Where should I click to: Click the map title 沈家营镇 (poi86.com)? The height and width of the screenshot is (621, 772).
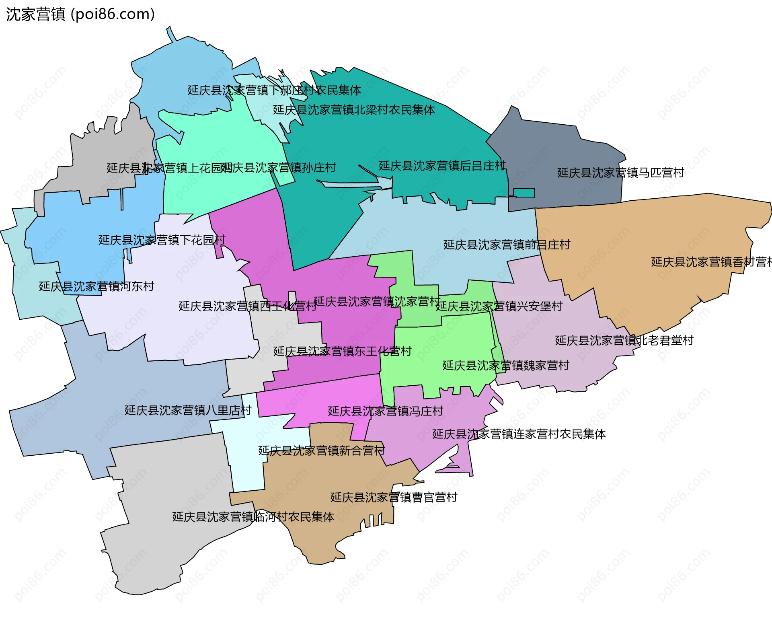point(80,14)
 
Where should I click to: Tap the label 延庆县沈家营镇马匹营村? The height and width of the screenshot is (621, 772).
point(620,173)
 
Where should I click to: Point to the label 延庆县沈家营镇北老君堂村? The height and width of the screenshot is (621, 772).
point(624,341)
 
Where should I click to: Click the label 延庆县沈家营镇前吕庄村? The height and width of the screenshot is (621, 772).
point(507,245)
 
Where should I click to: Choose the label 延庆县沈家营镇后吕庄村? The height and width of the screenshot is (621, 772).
point(442,166)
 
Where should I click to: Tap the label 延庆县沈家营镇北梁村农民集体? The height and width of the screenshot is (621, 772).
point(354,110)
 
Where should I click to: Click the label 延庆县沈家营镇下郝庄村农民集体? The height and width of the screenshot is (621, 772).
point(274,90)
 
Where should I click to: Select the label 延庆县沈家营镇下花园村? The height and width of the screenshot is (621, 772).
point(162,240)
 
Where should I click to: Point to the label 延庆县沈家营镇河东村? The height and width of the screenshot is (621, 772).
point(96,286)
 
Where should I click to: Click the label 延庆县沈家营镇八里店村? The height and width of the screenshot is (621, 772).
point(188,410)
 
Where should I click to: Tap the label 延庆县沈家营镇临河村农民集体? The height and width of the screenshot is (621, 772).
point(253,517)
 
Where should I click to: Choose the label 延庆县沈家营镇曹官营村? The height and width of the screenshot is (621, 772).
point(394,498)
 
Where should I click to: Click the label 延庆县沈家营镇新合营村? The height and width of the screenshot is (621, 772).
point(321,450)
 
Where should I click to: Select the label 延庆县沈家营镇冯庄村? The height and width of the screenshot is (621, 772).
point(385,411)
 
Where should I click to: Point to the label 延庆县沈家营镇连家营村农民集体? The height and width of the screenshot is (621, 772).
point(519,434)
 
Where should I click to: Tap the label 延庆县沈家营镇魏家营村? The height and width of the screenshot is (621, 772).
point(506,366)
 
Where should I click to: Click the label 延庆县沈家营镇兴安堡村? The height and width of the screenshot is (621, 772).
point(499,306)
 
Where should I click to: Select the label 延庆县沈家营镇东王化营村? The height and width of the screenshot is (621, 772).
point(342,352)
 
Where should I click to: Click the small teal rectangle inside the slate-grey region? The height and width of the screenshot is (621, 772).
point(524,193)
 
